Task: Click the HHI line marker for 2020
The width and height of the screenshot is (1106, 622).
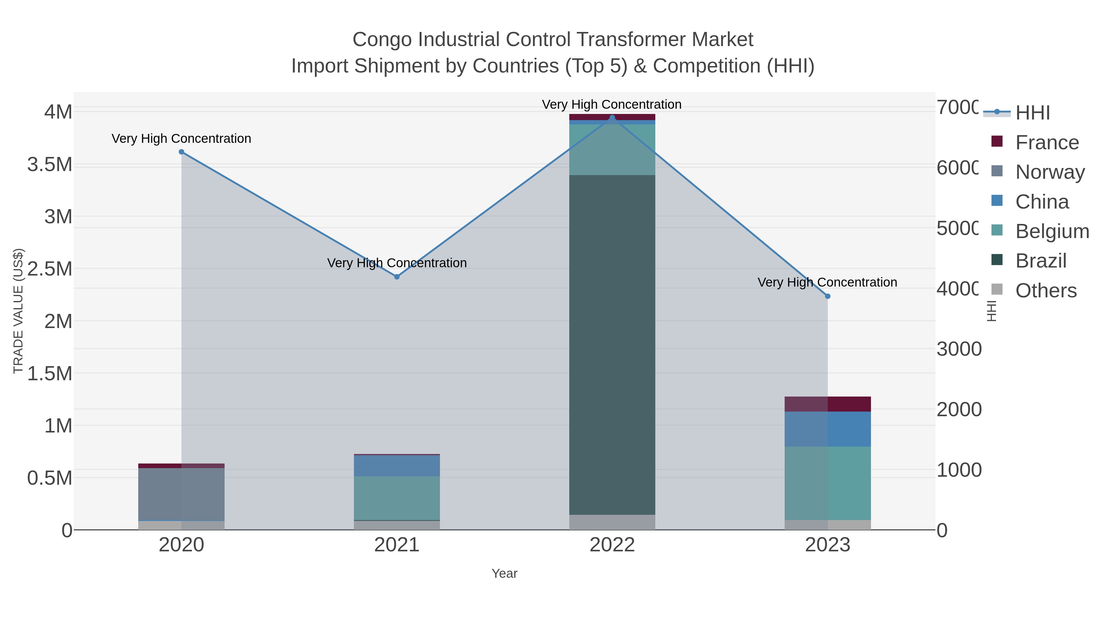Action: (181, 152)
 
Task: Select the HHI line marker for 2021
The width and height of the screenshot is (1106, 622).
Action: (397, 277)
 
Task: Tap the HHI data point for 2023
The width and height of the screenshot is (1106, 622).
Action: (828, 296)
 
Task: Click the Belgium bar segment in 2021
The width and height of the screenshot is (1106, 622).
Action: (397, 498)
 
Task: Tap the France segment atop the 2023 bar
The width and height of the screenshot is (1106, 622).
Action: (828, 404)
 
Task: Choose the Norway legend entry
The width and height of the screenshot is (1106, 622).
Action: (1049, 172)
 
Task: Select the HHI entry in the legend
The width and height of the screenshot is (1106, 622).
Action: (1033, 113)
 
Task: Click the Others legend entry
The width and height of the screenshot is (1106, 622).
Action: (1045, 291)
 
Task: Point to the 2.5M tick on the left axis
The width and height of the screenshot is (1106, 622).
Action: (50, 269)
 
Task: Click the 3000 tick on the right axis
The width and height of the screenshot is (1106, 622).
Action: (958, 350)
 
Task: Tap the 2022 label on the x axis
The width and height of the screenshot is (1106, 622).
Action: (612, 545)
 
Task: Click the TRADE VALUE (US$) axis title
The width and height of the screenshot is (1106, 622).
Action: (18, 311)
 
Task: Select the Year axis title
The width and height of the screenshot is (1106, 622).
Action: (504, 573)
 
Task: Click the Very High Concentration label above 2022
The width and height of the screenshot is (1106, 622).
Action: (611, 104)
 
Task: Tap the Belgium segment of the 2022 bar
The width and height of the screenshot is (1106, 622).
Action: (612, 149)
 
